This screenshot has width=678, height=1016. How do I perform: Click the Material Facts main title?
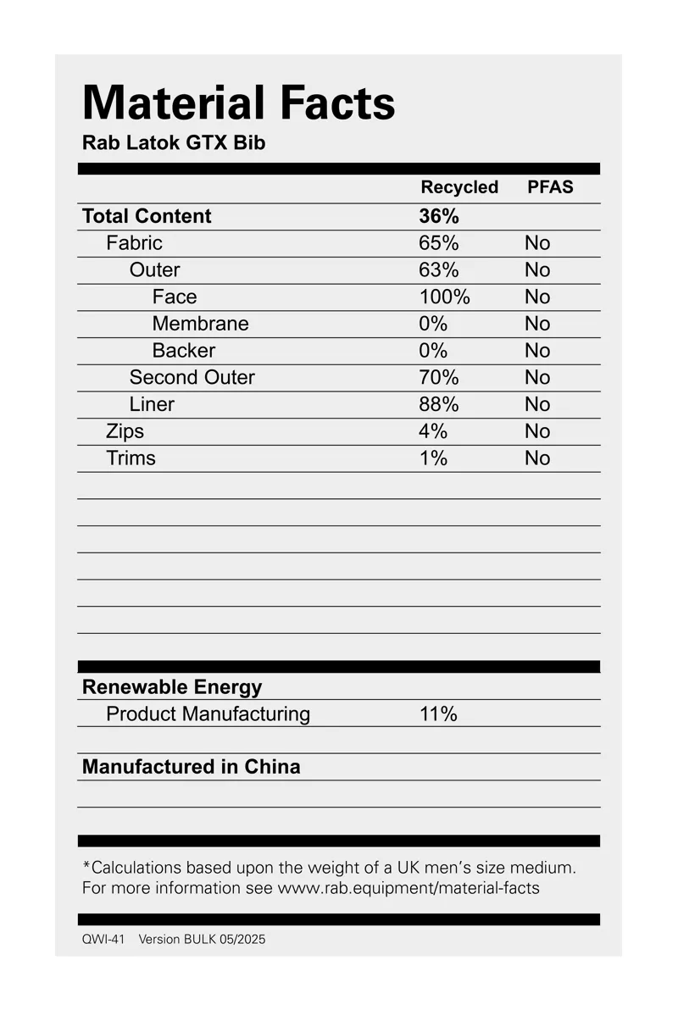point(238,103)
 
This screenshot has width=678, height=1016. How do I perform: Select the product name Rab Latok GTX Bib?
point(174,142)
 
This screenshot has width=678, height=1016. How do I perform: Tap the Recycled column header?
point(459,187)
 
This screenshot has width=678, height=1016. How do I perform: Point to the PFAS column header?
point(550,187)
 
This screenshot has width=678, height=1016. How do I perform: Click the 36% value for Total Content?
point(438,216)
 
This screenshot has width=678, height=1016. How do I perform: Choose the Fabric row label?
point(134,243)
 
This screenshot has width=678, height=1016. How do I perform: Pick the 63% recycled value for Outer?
point(438,270)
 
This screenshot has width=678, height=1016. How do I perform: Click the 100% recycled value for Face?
point(444,297)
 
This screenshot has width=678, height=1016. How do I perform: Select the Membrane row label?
point(201,324)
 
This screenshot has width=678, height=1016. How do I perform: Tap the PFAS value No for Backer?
point(537,351)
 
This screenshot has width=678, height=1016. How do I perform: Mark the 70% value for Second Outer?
point(438,377)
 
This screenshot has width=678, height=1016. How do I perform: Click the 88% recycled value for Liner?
point(438,404)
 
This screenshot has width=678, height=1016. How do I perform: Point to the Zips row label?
point(125,431)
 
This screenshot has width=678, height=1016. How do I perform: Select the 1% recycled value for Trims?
point(432,458)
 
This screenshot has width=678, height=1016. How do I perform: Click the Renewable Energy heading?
point(172,687)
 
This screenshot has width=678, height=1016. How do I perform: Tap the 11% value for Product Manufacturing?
point(438,714)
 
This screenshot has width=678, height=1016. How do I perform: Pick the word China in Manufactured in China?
point(272,767)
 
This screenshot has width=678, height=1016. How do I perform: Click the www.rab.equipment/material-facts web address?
point(408,888)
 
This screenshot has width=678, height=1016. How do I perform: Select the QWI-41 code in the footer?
point(103,939)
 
